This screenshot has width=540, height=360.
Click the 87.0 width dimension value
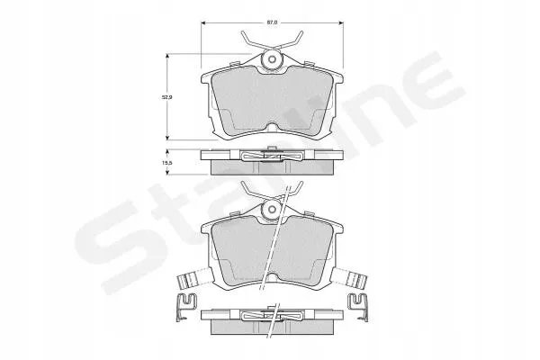[272, 22]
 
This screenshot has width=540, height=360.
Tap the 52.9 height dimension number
[167, 97]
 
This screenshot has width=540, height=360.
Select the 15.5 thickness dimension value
[167, 162]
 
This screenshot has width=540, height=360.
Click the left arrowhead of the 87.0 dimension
[203, 23]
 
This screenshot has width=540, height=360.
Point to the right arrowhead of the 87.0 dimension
[341, 23]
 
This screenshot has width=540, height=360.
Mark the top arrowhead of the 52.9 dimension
[167, 56]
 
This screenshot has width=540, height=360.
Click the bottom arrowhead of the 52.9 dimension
[167, 137]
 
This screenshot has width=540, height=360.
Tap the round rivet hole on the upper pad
[272, 59]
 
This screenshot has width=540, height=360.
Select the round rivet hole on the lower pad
[272, 209]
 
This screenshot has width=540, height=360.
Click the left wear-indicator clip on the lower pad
[193, 277]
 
